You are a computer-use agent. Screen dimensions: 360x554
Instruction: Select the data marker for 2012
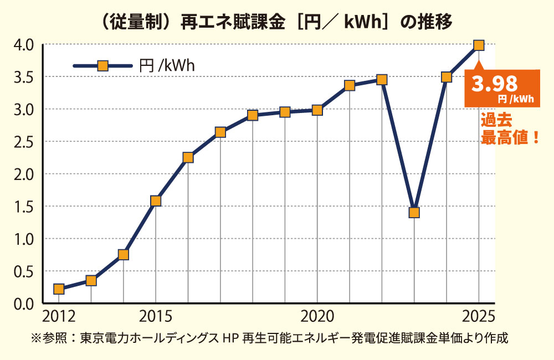pyautogui.click(x=59, y=289)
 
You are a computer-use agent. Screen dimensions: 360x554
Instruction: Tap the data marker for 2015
pyautogui.click(x=156, y=200)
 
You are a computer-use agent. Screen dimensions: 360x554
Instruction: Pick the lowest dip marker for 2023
pyautogui.click(x=414, y=213)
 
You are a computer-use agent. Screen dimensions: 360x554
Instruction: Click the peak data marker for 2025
pyautogui.click(x=479, y=45)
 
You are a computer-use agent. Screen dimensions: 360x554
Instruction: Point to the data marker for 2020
pyautogui.click(x=317, y=110)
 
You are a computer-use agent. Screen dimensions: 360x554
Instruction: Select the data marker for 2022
pyautogui.click(x=382, y=80)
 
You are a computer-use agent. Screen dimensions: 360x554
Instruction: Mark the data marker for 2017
pyautogui.click(x=220, y=132)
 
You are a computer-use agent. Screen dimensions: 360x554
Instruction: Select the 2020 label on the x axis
pyautogui.click(x=316, y=317)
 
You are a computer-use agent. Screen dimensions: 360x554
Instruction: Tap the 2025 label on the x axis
pyautogui.click(x=478, y=317)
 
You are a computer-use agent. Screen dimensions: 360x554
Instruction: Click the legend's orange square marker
pyautogui.click(x=102, y=66)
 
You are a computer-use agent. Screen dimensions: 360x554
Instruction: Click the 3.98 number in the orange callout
pyautogui.click(x=494, y=84)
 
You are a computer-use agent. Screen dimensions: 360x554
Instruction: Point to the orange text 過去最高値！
pyautogui.click(x=509, y=130)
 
